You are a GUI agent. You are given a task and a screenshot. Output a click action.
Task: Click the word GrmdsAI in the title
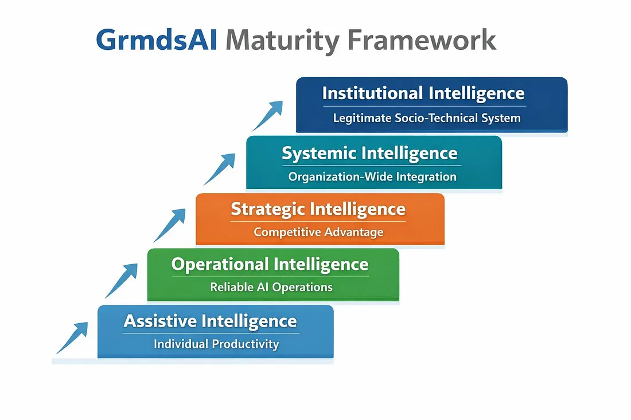point(156,41)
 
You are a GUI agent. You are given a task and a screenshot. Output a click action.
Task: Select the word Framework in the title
point(422,41)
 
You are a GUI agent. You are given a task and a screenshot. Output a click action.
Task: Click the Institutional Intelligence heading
point(423,93)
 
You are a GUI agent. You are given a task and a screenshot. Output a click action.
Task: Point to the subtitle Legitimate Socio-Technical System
point(427,119)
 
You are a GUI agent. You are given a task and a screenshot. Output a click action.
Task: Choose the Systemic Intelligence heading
point(369,153)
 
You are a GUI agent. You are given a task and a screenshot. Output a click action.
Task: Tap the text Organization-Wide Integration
point(372,177)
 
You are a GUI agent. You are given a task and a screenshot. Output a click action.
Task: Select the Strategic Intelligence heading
point(318,209)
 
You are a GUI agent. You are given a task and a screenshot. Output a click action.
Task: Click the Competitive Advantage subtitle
point(318,232)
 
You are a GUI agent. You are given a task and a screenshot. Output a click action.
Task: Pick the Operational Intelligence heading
point(270,264)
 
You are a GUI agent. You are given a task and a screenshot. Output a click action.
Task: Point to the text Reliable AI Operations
point(271,287)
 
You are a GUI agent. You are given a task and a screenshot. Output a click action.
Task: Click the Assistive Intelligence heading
point(211,321)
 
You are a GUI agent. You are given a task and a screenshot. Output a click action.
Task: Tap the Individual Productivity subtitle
point(216,344)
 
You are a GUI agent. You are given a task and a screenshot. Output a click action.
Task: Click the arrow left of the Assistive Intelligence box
point(72,337)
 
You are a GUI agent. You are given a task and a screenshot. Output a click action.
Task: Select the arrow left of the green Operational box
point(121,280)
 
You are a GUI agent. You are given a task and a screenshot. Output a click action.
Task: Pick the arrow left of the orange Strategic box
point(170,225)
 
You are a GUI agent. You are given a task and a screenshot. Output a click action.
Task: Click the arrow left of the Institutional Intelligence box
point(267,116)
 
